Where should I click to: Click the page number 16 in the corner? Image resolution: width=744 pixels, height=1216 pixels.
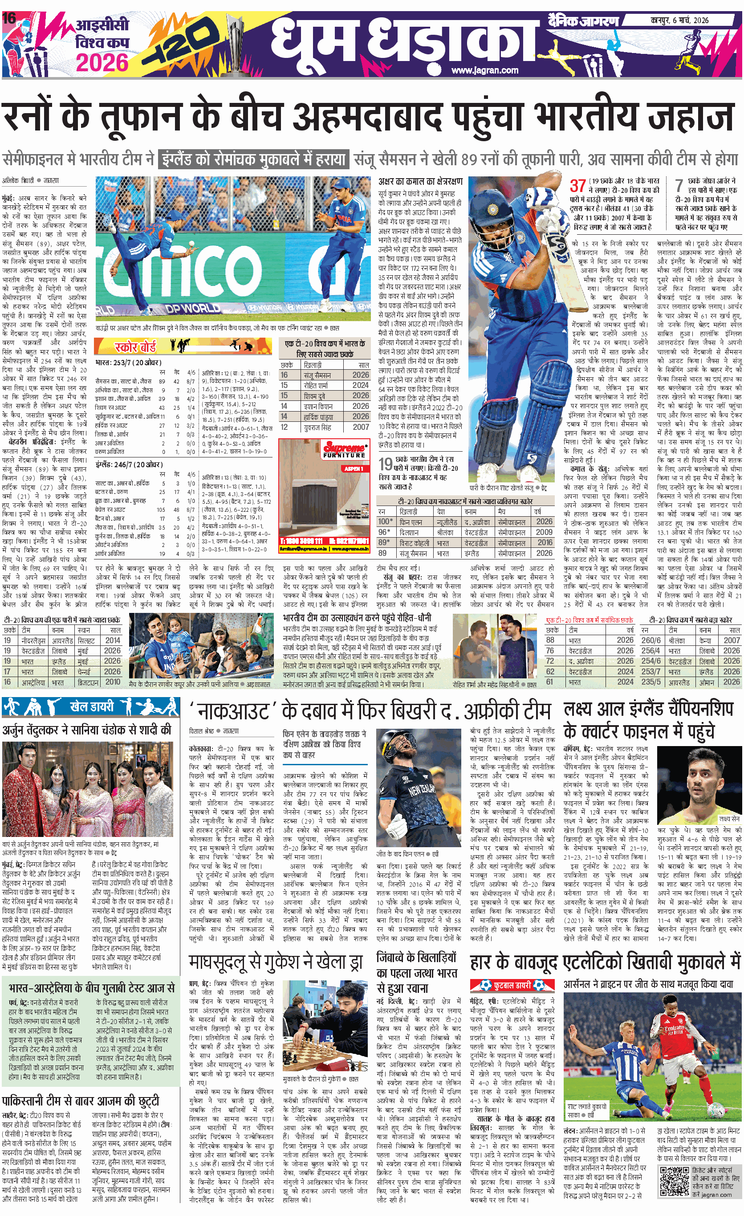coord(9,18)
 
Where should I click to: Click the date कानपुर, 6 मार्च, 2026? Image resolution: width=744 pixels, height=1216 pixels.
coord(679,20)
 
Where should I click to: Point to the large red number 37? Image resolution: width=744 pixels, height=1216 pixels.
coord(578,186)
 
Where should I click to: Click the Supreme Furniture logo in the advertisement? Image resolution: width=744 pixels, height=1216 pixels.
coord(344,449)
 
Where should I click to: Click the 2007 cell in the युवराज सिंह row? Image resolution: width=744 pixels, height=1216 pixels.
coord(361,427)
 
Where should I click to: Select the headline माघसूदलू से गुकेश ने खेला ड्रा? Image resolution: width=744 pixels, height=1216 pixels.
coord(276,961)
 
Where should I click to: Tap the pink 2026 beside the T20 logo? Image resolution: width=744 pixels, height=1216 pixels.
coord(102,63)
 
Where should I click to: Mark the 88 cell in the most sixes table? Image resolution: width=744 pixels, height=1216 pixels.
coord(550,640)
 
